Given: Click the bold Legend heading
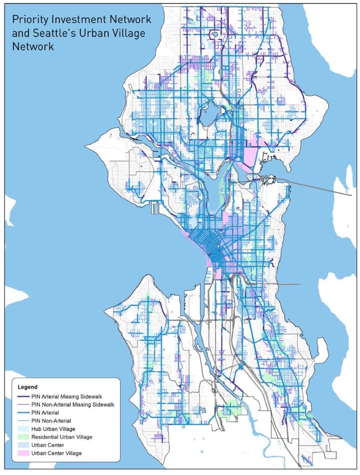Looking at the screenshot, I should click(x=27, y=387).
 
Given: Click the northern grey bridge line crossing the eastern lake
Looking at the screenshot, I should click(x=319, y=185).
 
